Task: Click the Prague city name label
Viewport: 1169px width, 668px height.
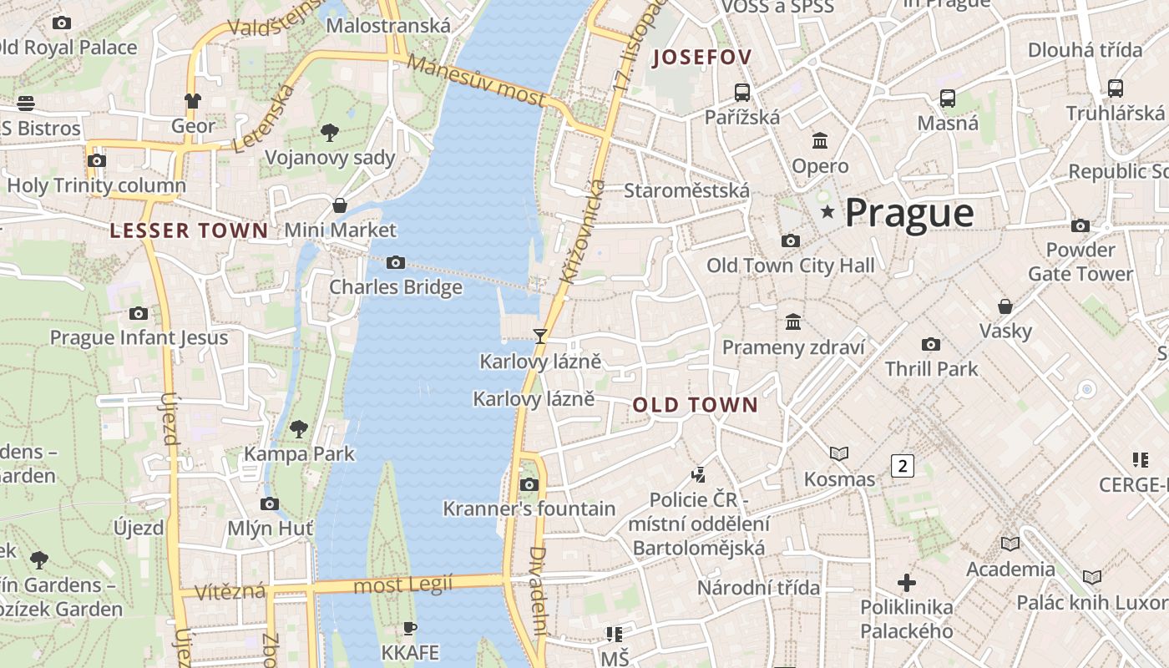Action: click(x=908, y=213)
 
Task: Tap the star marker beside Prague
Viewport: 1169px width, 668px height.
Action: click(x=827, y=212)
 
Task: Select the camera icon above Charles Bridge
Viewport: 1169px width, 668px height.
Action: click(x=396, y=263)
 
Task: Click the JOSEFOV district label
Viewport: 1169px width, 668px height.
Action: click(x=702, y=58)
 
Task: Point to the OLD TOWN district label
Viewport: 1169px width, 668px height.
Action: click(x=695, y=406)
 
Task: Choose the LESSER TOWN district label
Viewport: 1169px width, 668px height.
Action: click(x=190, y=231)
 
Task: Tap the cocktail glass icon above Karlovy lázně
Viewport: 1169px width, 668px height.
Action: click(x=540, y=337)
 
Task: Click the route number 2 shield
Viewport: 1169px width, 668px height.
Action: click(x=902, y=466)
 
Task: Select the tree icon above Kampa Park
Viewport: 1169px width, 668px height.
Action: click(x=298, y=429)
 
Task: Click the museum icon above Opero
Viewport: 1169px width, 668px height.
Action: click(x=820, y=141)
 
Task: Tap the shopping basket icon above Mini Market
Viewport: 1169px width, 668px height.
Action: click(x=340, y=205)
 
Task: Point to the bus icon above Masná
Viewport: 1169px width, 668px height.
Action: click(x=948, y=99)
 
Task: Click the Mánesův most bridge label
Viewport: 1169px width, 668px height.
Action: click(x=476, y=82)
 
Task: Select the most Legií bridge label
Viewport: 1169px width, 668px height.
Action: click(x=402, y=584)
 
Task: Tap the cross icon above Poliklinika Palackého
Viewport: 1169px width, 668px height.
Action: click(x=907, y=582)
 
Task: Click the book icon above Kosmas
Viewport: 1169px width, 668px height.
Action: click(x=839, y=453)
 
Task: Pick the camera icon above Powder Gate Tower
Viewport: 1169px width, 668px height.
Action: click(x=1080, y=225)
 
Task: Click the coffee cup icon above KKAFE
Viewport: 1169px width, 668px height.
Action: click(x=409, y=628)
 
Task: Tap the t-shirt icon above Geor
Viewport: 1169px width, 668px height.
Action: click(x=193, y=101)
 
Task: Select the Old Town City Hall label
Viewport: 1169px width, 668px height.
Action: click(x=790, y=266)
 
